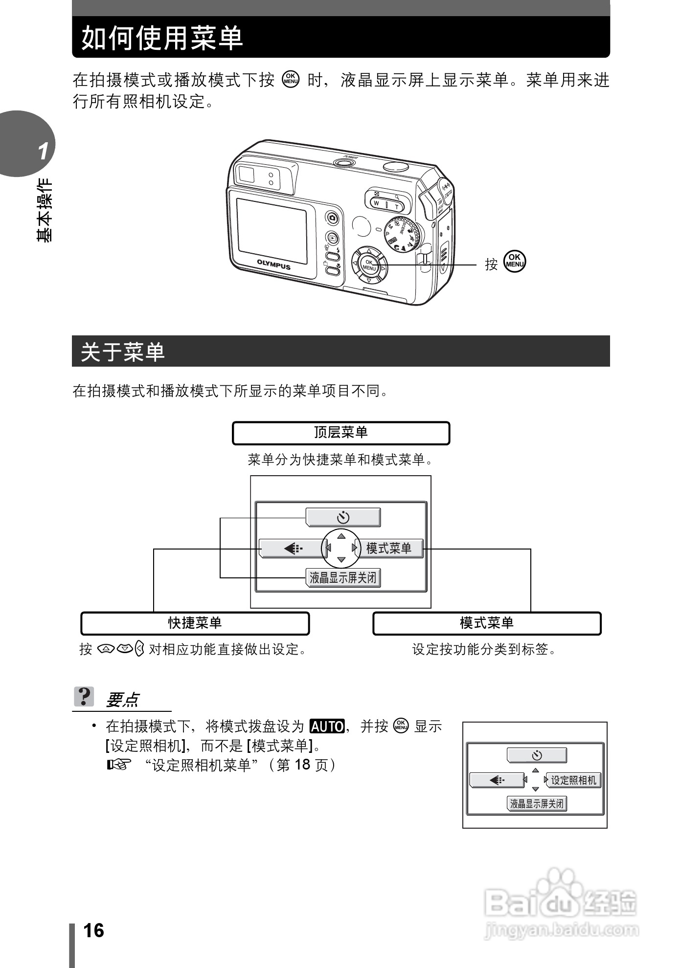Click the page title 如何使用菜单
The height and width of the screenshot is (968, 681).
point(162,38)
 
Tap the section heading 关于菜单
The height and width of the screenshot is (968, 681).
point(123,352)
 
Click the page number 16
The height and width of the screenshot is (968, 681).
point(93,930)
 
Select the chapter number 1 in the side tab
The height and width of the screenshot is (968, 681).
point(44,151)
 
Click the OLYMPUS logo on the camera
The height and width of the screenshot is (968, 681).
point(273,264)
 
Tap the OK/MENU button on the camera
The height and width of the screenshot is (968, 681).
point(369,265)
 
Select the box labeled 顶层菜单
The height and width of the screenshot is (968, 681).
point(340,433)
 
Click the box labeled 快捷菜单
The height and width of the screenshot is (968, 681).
point(195,623)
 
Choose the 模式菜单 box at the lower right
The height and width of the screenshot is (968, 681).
point(486,623)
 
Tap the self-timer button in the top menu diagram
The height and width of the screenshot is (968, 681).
point(343,517)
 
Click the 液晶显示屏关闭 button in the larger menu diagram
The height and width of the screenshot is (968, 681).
point(343,578)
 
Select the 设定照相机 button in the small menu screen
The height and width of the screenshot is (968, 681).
point(573,780)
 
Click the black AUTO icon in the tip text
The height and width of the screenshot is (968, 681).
point(327,727)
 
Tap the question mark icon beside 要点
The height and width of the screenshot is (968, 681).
point(84,696)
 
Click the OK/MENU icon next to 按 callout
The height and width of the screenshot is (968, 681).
point(515,261)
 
